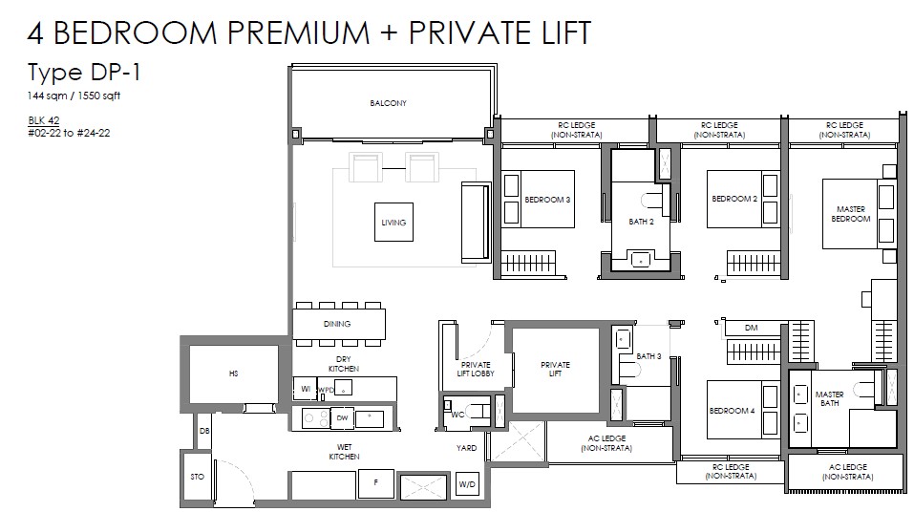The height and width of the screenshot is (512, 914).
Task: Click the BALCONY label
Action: coord(388,103)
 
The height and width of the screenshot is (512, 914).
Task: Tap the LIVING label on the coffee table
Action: coord(393,223)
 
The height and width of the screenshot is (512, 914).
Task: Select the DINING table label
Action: coord(337,324)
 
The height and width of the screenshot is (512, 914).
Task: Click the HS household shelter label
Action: coord(234,373)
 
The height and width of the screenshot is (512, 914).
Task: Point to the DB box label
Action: coord(204,431)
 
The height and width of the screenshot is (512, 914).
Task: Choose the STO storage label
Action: coord(198,477)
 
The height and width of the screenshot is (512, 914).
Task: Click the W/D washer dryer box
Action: coord(467,484)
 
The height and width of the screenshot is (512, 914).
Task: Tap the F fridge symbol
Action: coord(376,483)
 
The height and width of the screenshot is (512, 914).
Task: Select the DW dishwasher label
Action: coord(342,417)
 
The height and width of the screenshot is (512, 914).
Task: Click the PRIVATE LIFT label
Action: coord(556,369)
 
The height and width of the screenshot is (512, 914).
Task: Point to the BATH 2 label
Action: coord(641,222)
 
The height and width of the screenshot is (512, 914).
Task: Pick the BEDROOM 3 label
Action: coord(547,200)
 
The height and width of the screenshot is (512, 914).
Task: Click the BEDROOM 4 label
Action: coord(733,411)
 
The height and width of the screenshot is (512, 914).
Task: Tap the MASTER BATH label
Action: coord(830,399)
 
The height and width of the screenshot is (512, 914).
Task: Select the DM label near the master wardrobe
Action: coord(752,328)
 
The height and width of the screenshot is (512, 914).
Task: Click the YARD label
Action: coord(466,448)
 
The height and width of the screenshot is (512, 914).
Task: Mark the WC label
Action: coord(458,415)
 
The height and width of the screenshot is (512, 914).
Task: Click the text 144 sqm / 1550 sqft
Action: coord(74,96)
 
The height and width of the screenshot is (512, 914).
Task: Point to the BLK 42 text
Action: coord(44,120)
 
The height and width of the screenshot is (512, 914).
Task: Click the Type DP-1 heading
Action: coord(84,73)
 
